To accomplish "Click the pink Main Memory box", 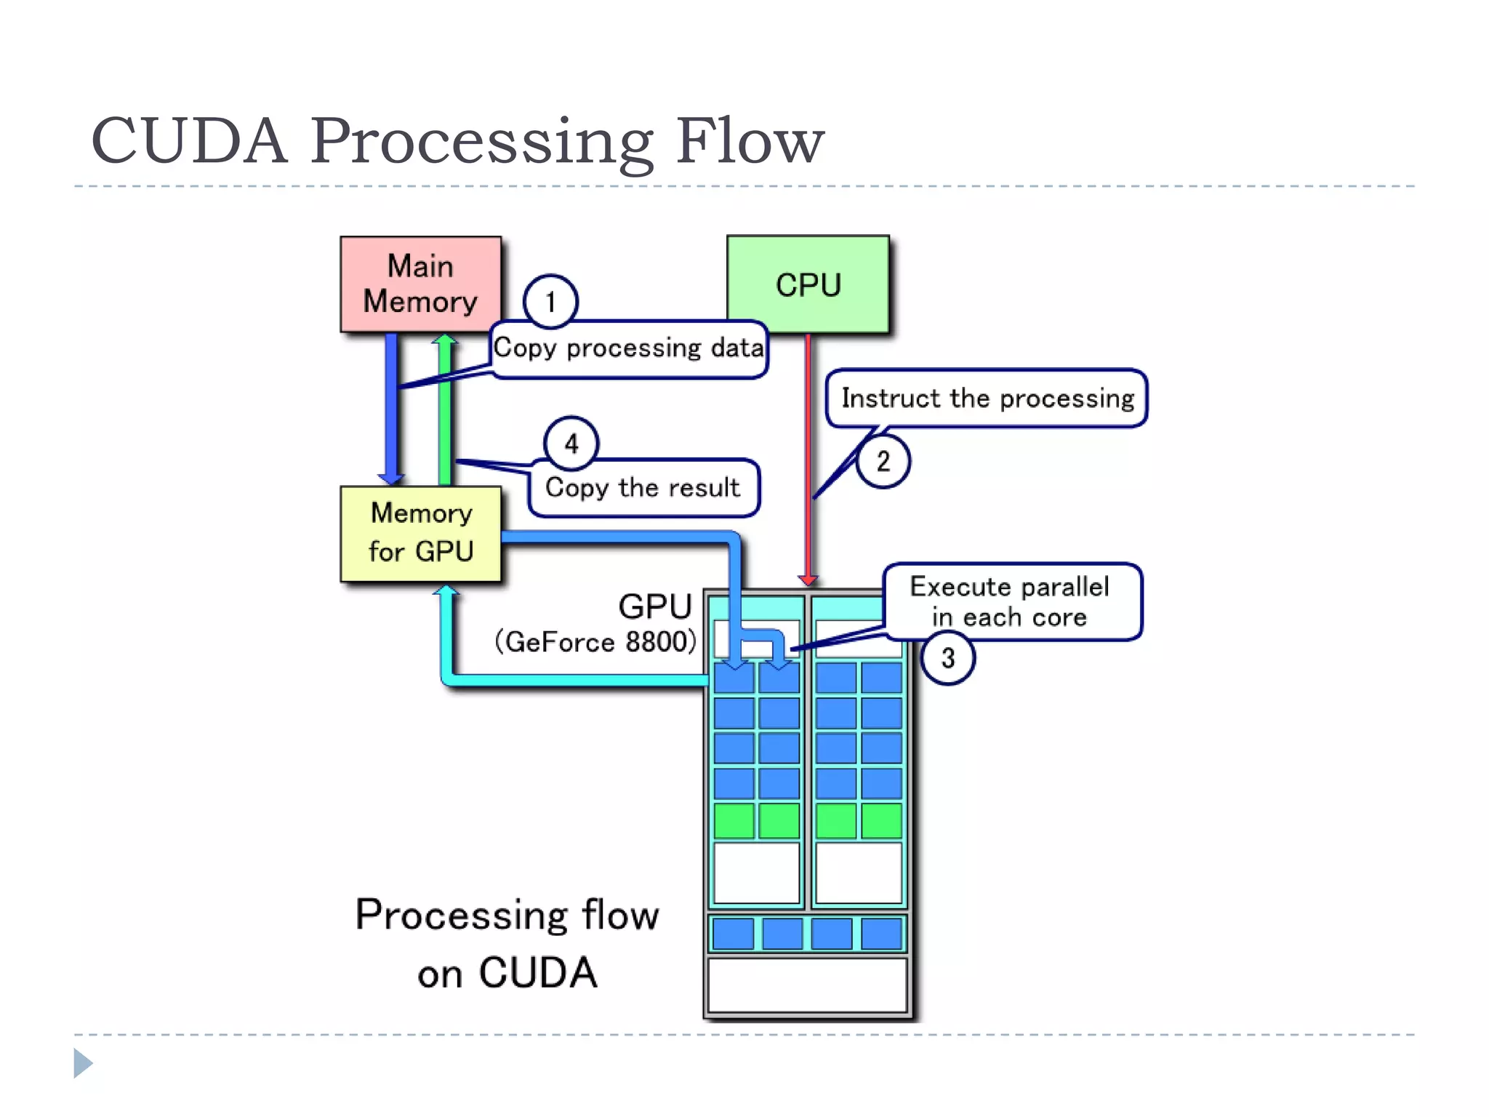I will (x=420, y=284).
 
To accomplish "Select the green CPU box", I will (x=808, y=284).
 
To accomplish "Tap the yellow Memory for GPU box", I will (x=420, y=533).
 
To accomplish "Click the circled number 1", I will (x=550, y=301).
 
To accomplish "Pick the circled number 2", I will (x=883, y=461).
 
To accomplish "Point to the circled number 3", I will (x=947, y=658).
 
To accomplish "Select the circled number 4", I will (x=571, y=444).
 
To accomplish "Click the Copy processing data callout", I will (x=629, y=349).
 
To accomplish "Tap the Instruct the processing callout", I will (x=987, y=399).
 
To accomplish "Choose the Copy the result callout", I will (x=643, y=488).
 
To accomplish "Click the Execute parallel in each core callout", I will (x=1011, y=601).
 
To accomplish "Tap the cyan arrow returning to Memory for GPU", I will (x=567, y=680).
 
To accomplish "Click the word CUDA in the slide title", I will (x=189, y=140).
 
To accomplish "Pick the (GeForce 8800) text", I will (x=595, y=642).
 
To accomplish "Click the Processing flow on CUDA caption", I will (x=507, y=943).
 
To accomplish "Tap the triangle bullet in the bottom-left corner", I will (x=83, y=1063).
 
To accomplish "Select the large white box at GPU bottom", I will (x=807, y=985).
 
